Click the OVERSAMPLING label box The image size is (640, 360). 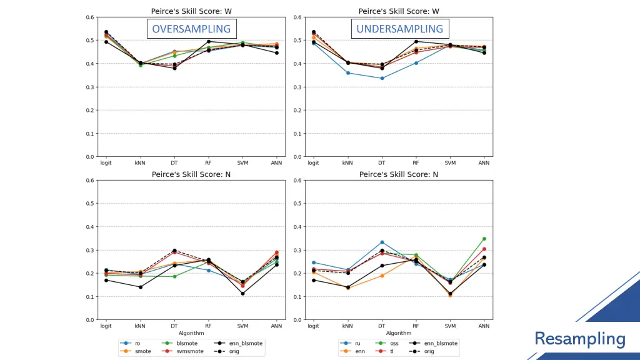point(191,29)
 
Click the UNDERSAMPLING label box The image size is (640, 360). point(399,29)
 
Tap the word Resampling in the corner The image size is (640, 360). point(579,339)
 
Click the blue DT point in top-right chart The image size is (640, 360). point(382,78)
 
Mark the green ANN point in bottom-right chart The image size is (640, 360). point(484,239)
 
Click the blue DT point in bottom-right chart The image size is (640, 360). point(382,242)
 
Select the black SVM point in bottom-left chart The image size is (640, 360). point(242,294)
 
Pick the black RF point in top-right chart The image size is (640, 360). point(416,42)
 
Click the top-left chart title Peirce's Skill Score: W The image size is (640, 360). point(191,11)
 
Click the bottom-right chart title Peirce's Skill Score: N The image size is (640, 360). point(399,174)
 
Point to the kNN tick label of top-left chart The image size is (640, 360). point(140,162)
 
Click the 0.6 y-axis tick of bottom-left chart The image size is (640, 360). point(91,181)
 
